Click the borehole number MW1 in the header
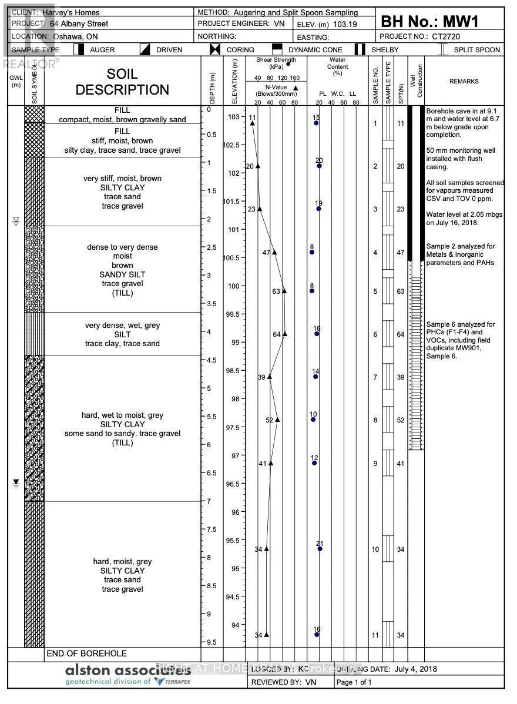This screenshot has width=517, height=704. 458,22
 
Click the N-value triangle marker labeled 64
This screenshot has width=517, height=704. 285,334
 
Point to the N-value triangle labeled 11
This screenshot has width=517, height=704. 253,123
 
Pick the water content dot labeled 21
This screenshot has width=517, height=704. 320,549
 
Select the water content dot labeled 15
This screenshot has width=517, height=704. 316,123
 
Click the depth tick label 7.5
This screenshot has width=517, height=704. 212,529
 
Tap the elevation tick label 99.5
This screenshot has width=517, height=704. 233,314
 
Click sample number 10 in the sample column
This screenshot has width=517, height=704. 375,549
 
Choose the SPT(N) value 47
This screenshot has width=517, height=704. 401,253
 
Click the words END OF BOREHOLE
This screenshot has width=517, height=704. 86,653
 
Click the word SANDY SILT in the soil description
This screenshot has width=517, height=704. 122,274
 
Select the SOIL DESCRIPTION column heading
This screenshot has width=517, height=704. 122,82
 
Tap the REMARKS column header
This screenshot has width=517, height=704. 464,82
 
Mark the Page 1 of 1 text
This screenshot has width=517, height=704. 354,682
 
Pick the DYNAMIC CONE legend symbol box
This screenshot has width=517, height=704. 277,50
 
